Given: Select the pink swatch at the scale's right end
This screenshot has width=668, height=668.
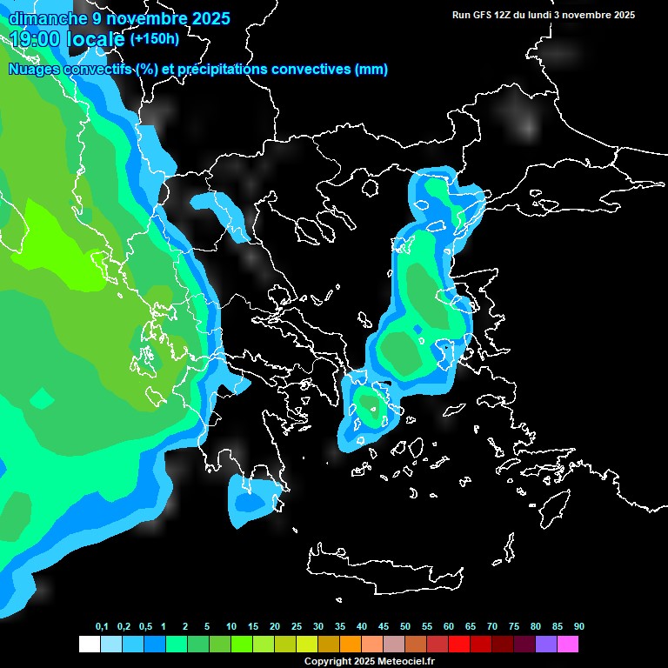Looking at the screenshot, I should [x=568, y=645].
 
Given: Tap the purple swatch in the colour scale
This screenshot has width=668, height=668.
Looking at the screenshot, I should [x=546, y=645].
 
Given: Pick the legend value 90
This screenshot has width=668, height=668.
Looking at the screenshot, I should [x=579, y=626].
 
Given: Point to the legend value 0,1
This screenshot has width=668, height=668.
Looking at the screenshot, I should [x=102, y=626].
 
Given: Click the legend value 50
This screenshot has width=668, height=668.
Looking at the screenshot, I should [x=405, y=626].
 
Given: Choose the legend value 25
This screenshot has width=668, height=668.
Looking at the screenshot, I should [x=297, y=626].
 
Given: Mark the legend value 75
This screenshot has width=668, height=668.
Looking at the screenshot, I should [x=514, y=626].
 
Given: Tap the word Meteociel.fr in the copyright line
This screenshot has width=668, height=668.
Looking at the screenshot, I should [x=407, y=662].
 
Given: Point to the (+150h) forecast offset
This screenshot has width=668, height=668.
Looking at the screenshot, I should [x=154, y=39].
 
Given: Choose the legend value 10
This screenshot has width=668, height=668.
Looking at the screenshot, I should [x=231, y=626].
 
